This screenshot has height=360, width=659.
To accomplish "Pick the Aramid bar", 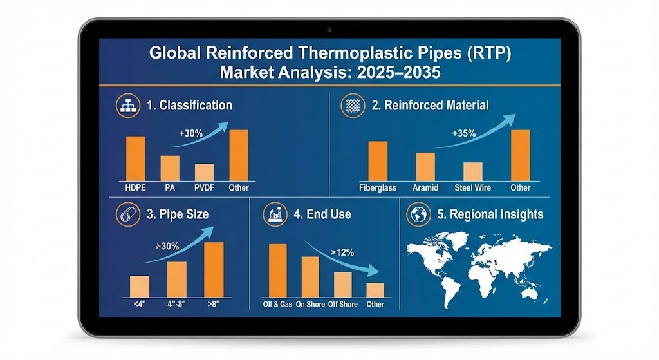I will [x=425, y=166].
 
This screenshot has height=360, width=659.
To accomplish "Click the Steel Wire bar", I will [x=473, y=171].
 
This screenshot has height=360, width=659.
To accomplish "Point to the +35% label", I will [x=463, y=134].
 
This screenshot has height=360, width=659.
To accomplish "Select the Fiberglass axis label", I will [x=378, y=188].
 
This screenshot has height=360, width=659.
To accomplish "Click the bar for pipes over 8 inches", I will [x=214, y=269].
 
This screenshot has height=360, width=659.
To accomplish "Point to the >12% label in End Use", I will [x=341, y=252].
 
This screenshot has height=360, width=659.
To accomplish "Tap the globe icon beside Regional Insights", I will [x=419, y=215].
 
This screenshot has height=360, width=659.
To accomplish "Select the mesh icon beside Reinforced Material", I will [x=354, y=105].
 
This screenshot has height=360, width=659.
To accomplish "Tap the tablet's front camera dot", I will [x=329, y=30].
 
